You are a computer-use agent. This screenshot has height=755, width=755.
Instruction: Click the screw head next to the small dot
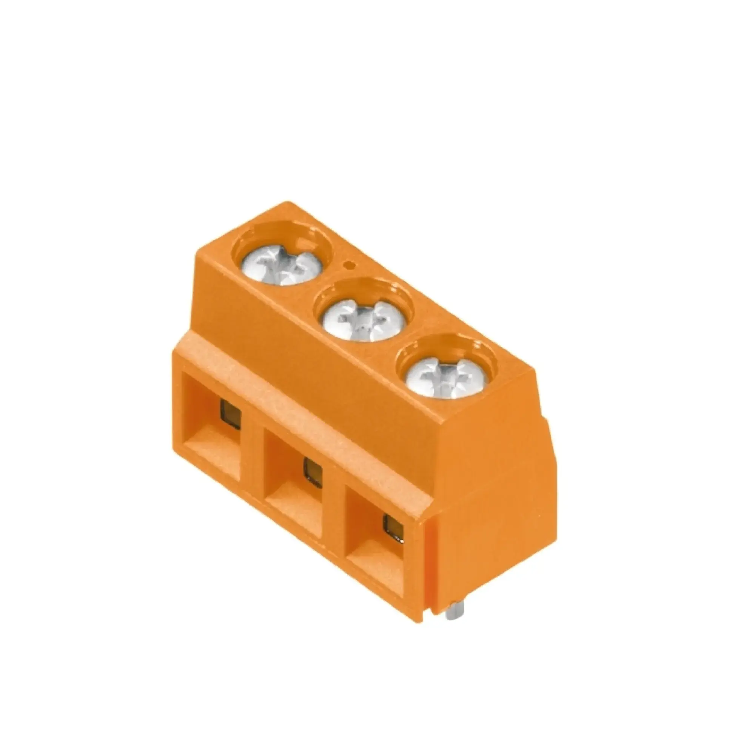point(281,266)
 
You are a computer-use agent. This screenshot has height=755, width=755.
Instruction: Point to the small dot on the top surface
point(349,266)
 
